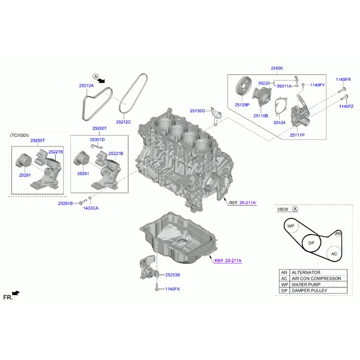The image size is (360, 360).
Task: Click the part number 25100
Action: pyautogui.click(x=277, y=68)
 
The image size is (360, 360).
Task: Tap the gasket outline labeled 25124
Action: pyautogui.click(x=281, y=109)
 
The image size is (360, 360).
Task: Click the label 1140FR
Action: pyautogui.click(x=343, y=79)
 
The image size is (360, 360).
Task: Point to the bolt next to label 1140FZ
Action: pyautogui.click(x=344, y=97)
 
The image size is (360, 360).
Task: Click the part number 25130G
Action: pyautogui.click(x=197, y=110)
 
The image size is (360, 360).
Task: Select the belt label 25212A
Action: pyautogui.click(x=86, y=86)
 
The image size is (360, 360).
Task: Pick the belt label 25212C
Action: pyautogui.click(x=124, y=122)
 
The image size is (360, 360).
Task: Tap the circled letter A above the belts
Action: pyautogui.click(x=95, y=76)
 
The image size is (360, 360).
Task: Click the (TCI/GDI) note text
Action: pyautogui.click(x=20, y=135)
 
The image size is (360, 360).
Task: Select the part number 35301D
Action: pyautogui.click(x=97, y=140)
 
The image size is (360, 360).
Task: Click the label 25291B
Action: pyautogui.click(x=65, y=203)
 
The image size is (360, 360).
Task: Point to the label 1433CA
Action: pyautogui.click(x=91, y=208)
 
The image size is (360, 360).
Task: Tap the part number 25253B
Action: pyautogui.click(x=173, y=275)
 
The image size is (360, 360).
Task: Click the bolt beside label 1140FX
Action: pyautogui.click(x=157, y=287)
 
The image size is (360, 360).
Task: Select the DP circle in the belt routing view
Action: pyautogui.click(x=311, y=243)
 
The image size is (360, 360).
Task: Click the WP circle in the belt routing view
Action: pyautogui.click(x=290, y=226)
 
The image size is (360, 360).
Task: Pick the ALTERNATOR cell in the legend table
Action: pyautogui.click(x=319, y=272)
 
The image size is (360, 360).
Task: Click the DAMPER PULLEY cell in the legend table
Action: pyautogui.click(x=319, y=290)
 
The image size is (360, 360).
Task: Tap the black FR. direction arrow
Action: pyautogui.click(x=16, y=293)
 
